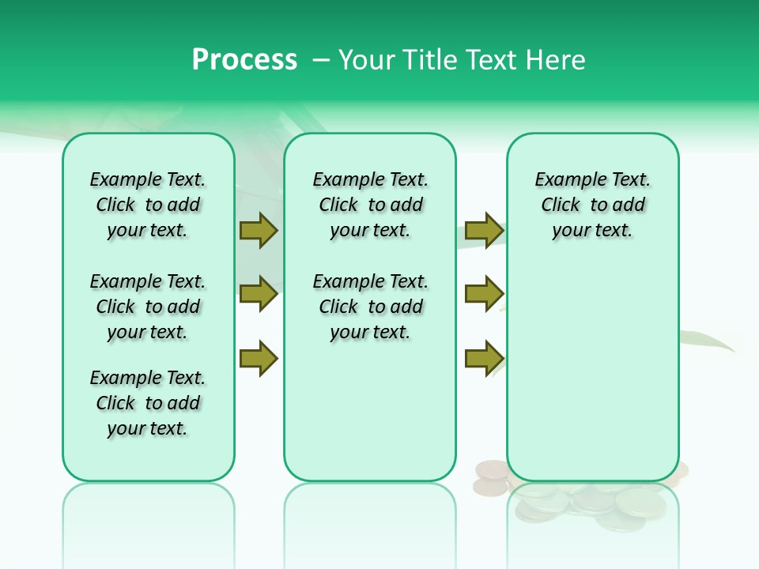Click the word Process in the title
(244, 60)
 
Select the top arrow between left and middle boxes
(259, 230)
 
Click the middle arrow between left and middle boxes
(259, 294)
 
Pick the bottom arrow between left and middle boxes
(259, 358)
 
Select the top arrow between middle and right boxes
(484, 230)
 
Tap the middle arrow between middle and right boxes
(484, 294)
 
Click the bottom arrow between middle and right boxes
(484, 358)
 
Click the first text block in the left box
(148, 205)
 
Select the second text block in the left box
(148, 307)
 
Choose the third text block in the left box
(148, 403)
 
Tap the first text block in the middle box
(370, 205)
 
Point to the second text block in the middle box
(370, 307)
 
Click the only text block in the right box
(592, 205)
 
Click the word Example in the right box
(565, 180)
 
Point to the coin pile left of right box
(490, 477)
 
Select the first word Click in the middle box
(338, 205)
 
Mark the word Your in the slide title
(364, 60)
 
